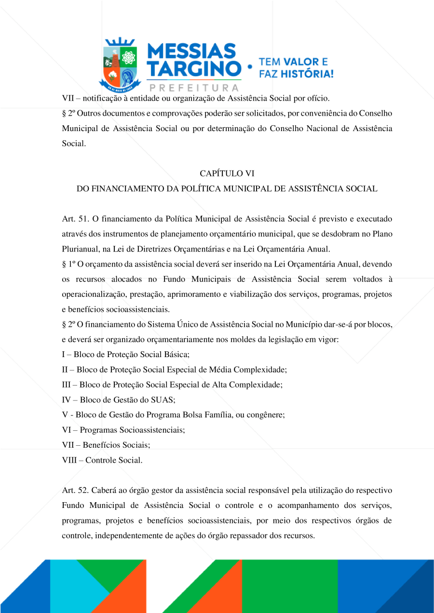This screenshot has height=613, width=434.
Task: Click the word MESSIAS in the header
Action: pyautogui.click(x=191, y=51)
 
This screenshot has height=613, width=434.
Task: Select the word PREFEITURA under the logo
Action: pyautogui.click(x=194, y=88)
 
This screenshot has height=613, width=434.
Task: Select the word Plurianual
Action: pyautogui.click(x=81, y=249)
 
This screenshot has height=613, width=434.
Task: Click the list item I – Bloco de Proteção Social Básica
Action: pyautogui.click(x=126, y=355)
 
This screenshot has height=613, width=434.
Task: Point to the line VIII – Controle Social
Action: pyautogui.click(x=102, y=460)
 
